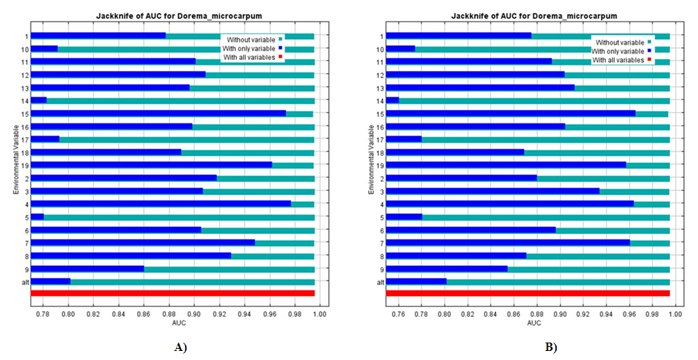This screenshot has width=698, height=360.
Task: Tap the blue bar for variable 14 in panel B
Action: (x=392, y=100)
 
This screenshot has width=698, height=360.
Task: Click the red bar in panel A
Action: (x=173, y=293)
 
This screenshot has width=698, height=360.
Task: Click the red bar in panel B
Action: (x=528, y=293)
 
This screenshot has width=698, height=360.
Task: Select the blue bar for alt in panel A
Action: (x=51, y=281)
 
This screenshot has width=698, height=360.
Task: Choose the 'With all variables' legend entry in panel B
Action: (x=617, y=61)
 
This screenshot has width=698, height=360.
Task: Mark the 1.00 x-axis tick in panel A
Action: (x=319, y=315)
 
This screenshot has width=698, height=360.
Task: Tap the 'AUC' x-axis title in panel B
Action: (x=534, y=324)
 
